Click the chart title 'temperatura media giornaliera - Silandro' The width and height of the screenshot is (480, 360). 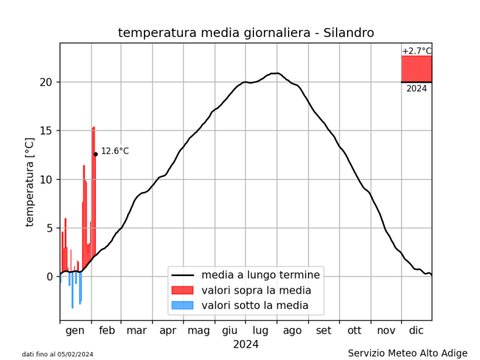[246, 32]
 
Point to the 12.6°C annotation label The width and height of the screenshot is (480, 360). [114, 151]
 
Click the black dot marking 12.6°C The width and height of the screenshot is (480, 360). [95, 154]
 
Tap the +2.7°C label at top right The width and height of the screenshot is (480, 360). [416, 51]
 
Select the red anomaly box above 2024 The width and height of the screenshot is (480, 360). [416, 69]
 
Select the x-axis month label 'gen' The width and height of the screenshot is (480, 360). [75, 330]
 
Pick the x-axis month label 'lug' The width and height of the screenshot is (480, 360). [261, 330]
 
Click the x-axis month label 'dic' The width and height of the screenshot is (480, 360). [416, 330]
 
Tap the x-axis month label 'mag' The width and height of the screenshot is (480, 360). [199, 330]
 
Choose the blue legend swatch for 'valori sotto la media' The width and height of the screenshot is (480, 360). [182, 305]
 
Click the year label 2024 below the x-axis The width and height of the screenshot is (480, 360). [246, 344]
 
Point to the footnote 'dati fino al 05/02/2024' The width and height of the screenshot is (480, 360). [58, 355]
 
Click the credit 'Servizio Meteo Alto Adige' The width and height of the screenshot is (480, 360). [408, 353]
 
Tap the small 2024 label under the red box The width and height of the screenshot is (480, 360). [416, 89]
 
